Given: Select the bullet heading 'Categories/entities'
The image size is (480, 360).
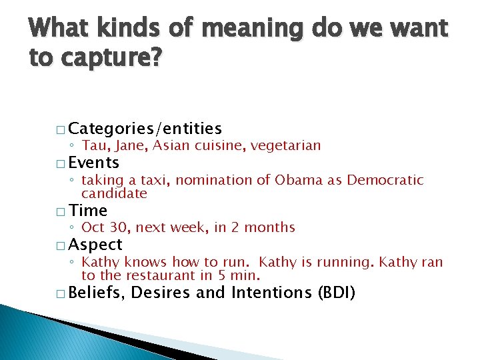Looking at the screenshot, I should click(x=145, y=128).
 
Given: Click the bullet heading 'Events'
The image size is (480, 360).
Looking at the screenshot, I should click(x=93, y=163).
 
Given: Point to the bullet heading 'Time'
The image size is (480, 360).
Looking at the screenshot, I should click(x=87, y=211).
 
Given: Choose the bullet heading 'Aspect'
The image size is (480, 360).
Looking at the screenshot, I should click(x=95, y=245).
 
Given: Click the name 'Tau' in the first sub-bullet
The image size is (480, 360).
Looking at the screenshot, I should click(x=94, y=145).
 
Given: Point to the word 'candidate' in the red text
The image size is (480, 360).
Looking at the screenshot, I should click(x=114, y=194).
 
